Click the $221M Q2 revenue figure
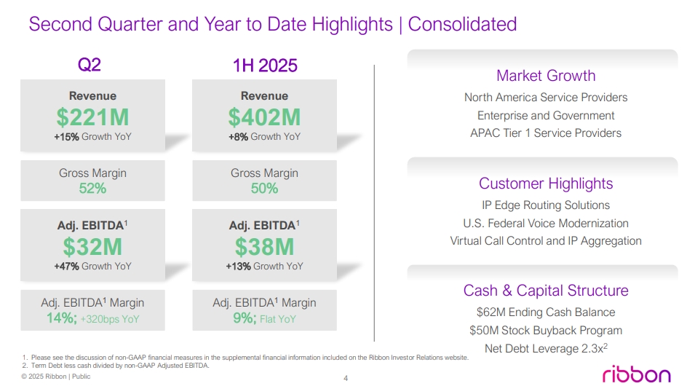(92, 117)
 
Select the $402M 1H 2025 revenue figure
(264, 117)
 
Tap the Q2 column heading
(90, 65)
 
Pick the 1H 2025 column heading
(265, 65)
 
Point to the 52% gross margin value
(92, 189)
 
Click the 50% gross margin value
(264, 189)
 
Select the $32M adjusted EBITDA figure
(92, 246)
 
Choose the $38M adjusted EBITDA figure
(264, 246)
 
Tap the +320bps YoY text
(110, 319)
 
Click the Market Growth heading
(546, 76)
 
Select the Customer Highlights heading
(546, 184)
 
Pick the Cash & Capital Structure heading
(546, 291)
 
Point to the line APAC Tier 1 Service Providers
(546, 133)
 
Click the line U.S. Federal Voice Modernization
(546, 223)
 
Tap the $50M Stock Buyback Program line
(546, 331)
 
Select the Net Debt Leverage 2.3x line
(546, 348)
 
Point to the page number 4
(346, 378)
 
